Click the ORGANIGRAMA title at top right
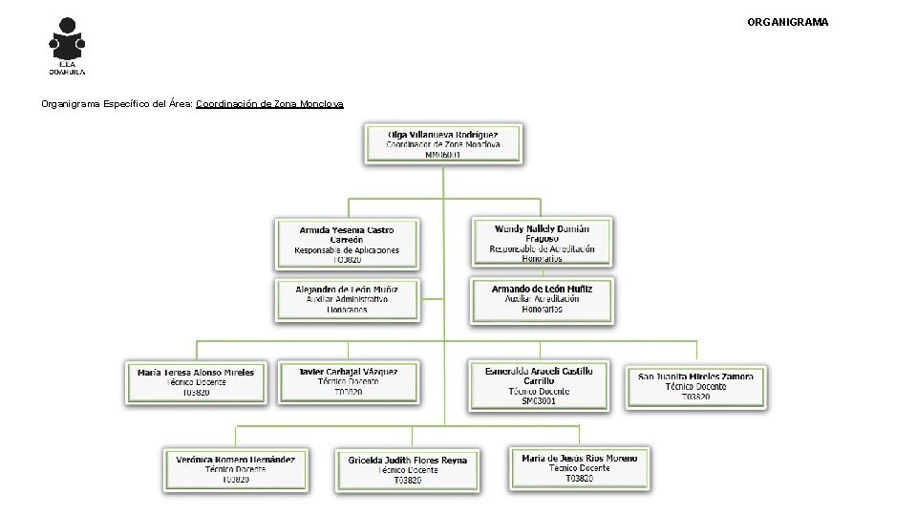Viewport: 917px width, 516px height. coord(787,21)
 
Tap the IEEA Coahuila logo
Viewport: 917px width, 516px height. coord(67,46)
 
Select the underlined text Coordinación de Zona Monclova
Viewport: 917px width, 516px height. coord(269,103)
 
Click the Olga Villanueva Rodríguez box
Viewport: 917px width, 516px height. coord(442,142)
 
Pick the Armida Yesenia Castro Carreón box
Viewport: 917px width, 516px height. coord(347,244)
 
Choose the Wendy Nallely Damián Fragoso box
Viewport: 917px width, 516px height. coord(542,243)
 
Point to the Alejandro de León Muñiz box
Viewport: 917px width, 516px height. coord(347,298)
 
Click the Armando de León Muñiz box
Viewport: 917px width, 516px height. coord(542,298)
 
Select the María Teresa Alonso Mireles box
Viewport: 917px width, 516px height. coord(196,382)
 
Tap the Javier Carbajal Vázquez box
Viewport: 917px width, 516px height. coord(348,381)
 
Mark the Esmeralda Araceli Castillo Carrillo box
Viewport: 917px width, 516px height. coord(539,385)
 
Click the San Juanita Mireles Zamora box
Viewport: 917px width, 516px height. coord(695,386)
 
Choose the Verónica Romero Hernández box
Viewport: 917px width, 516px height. coord(235,468)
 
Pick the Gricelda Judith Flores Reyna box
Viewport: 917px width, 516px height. coord(407,469)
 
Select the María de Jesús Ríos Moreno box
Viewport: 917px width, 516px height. coord(580,467)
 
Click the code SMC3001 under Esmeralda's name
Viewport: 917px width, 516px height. coord(539,401)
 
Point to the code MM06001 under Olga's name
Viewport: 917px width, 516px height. coord(442,155)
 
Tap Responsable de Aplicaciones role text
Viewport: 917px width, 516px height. coord(347,250)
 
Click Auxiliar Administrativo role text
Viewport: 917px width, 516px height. coord(347,299)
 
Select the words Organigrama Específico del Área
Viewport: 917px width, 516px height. coord(117,103)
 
